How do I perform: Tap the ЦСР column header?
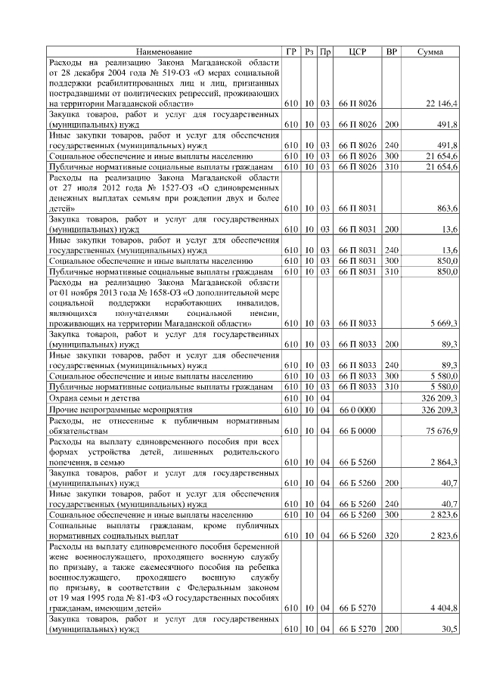point(358,51)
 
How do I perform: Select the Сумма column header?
point(430,51)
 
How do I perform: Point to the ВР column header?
point(392,51)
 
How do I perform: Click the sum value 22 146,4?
point(442,102)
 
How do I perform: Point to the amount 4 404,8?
point(444,607)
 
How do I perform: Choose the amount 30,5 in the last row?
point(449,629)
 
